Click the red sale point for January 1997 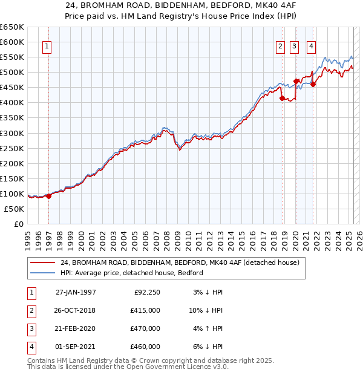(48, 196)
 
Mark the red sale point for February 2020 (296, 81)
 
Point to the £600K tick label (12, 42)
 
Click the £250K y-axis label (12, 148)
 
